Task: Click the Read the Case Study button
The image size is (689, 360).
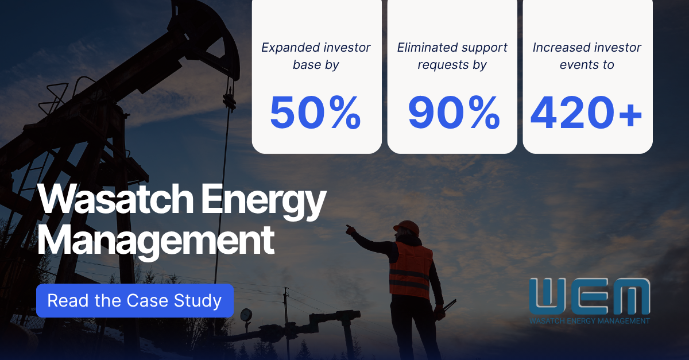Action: pos(135,301)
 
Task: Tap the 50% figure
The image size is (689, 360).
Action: pos(316,113)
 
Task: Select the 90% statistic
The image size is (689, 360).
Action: pos(454,113)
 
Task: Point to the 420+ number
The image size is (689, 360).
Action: pos(586,113)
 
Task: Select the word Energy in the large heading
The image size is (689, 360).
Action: pos(264,202)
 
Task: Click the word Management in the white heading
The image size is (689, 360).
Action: pos(156,242)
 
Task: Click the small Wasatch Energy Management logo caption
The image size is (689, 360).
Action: pos(590,321)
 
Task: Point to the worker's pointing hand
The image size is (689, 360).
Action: pos(350,230)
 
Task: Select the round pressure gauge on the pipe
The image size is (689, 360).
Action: pos(246,315)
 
